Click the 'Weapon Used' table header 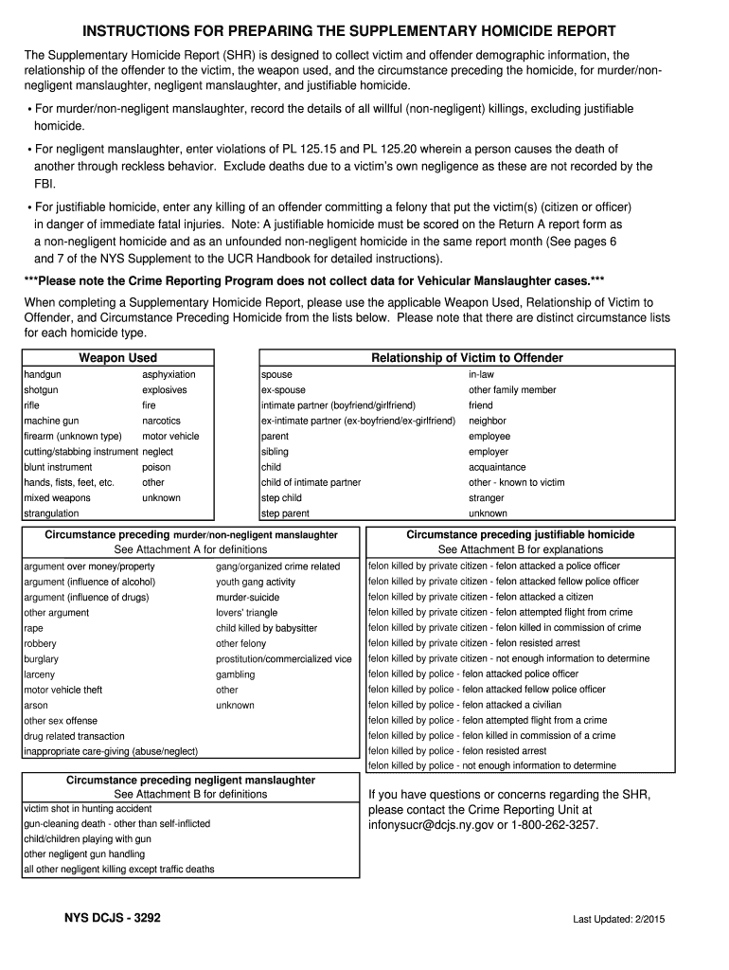pos(117,358)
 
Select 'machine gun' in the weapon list pos(51,421)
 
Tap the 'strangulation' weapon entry pos(51,513)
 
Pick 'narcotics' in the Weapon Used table pos(161,421)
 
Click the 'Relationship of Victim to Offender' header pos(467,358)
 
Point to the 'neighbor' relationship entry pos(487,421)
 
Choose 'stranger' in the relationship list pos(486,498)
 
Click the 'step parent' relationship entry pos(285,513)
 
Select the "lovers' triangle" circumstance pos(246,613)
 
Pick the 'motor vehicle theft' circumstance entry pos(62,690)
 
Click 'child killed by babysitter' pos(266,628)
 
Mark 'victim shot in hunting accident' pos(87,809)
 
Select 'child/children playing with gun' pos(87,839)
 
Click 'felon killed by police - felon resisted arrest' pos(456,751)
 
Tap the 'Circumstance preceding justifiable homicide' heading pos(520,535)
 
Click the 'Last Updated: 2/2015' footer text pos(617,921)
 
